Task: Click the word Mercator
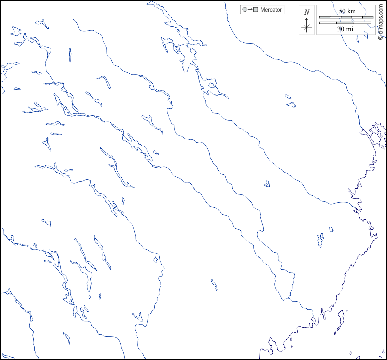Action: (271, 10)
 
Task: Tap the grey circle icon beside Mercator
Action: (245, 10)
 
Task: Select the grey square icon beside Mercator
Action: (256, 10)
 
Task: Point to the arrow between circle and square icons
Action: (250, 10)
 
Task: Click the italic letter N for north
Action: (307, 12)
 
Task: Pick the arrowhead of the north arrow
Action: (307, 19)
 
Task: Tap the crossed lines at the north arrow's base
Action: (307, 28)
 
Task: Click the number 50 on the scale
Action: (342, 11)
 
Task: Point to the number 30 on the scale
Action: (342, 29)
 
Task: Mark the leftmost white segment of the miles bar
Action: (325, 23)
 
